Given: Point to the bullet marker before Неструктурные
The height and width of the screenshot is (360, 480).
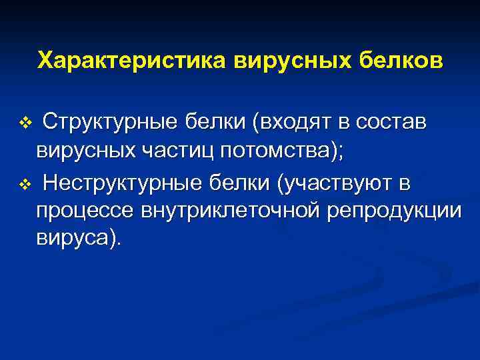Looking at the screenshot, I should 25,184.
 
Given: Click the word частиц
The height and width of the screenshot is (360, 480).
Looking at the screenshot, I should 175,153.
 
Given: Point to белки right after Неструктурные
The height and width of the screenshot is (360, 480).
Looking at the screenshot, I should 237,183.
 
